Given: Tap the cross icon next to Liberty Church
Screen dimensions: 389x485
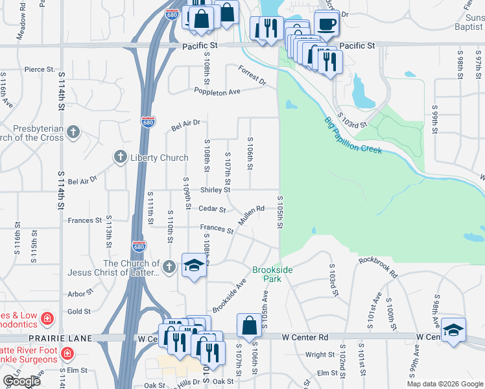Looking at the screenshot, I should coord(120,156).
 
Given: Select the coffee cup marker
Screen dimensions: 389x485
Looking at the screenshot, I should coord(327,24).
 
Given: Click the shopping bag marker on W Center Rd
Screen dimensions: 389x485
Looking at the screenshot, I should coord(249,326).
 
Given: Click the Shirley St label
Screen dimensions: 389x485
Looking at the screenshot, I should coord(215,190).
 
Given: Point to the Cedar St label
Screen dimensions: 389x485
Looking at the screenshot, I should coord(212,209).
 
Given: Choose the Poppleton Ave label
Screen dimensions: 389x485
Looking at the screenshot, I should coord(217,92).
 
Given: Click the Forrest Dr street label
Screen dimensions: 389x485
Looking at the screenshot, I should coord(252,76).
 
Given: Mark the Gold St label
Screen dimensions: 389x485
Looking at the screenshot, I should coord(79,311).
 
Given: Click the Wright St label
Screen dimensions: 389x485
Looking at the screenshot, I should coord(320,355).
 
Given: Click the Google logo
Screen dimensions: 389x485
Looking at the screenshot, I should coord(21,381).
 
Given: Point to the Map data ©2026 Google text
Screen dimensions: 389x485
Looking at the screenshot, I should coord(445,384).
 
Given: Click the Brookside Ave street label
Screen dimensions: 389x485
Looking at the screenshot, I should coord(230,295).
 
